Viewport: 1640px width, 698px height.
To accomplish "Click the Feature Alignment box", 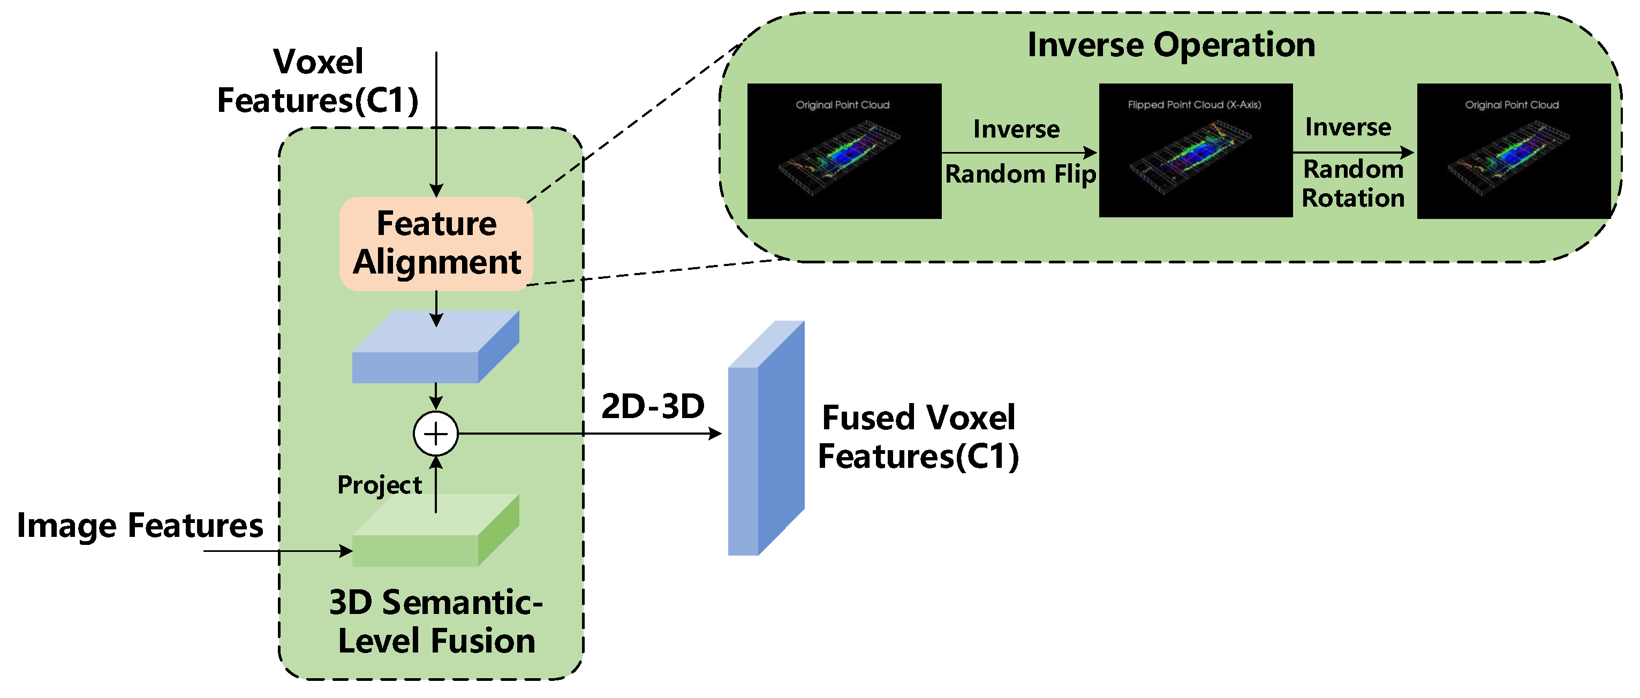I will [x=436, y=244].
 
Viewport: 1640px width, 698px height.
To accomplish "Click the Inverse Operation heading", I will [x=1171, y=45].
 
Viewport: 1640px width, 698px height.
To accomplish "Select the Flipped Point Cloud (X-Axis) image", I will [x=1195, y=151].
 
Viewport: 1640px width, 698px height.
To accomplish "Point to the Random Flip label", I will [x=1020, y=174].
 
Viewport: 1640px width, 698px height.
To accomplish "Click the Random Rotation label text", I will [x=1353, y=184].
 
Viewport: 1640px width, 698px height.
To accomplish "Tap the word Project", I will [x=380, y=485].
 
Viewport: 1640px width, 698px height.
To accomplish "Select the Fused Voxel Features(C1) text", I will [x=918, y=437].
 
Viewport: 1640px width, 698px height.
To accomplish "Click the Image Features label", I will [x=140, y=526].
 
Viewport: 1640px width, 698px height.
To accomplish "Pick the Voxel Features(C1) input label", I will [x=317, y=81].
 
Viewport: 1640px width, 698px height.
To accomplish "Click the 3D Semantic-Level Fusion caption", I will [x=436, y=621].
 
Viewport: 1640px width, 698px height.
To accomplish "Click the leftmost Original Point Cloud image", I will [x=843, y=151].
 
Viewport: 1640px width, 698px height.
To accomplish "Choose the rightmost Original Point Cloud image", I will [x=1513, y=151].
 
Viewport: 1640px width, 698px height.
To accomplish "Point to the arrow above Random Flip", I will [x=1018, y=153].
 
